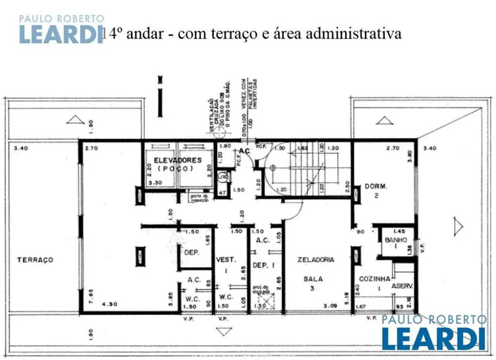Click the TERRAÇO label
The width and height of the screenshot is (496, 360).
pos(35,260)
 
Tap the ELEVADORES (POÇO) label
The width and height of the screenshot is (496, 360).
pos(177,164)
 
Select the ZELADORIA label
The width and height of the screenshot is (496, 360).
pos(315,260)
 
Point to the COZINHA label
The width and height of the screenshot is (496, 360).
pos(374,279)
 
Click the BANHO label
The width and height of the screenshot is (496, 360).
pos(396,240)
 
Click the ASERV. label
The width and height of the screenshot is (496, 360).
pos(402,286)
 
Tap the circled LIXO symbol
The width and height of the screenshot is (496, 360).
pos(222,177)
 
